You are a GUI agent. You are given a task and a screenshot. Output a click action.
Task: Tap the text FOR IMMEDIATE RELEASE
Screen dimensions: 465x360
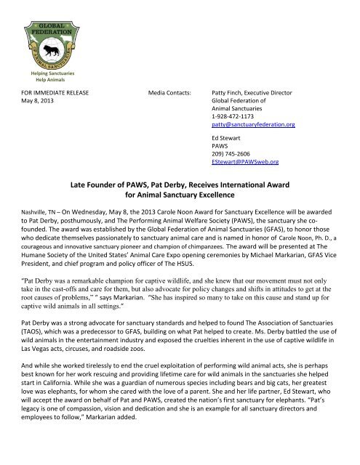pyautogui.click(x=55, y=93)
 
